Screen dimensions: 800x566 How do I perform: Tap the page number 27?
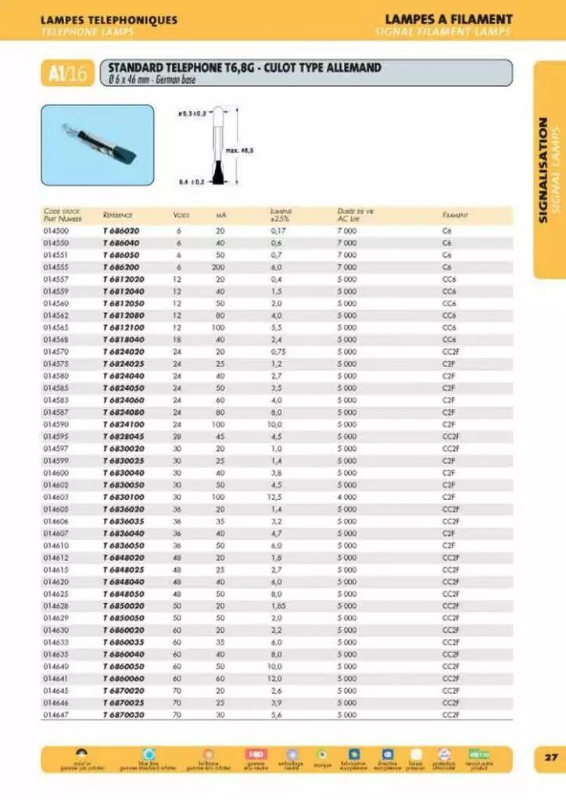(550, 757)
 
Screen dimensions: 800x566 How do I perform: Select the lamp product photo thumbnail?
(97, 145)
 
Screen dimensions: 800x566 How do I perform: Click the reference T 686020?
(120, 231)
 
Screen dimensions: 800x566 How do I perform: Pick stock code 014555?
(56, 267)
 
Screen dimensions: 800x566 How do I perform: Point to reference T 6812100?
(124, 327)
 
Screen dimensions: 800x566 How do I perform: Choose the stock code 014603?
(56, 496)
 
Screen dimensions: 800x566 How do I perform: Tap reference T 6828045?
(124, 436)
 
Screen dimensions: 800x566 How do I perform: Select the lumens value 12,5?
(274, 496)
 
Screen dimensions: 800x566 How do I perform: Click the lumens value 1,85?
(278, 605)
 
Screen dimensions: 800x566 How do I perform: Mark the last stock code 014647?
(56, 714)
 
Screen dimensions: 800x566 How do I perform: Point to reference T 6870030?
(124, 714)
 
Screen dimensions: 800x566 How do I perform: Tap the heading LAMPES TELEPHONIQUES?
(109, 20)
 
